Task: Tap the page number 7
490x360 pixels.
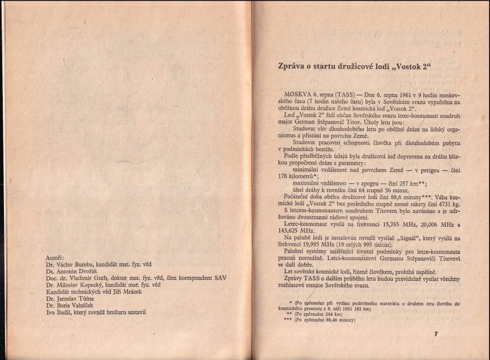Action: pos(436,334)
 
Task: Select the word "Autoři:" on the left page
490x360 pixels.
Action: pos(55,257)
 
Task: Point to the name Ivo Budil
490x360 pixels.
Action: pos(59,312)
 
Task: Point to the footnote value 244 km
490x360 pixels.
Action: pos(333,314)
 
